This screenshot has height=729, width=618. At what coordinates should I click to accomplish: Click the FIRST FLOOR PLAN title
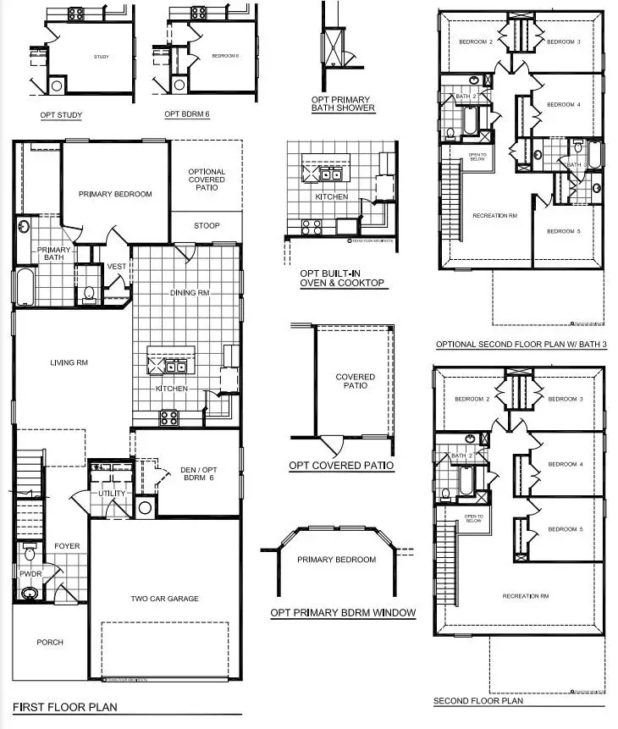(64, 706)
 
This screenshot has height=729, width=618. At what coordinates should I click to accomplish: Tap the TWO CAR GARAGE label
(164, 599)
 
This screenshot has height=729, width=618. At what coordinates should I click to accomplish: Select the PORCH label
(50, 642)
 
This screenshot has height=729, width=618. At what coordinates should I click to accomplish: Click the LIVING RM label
(69, 362)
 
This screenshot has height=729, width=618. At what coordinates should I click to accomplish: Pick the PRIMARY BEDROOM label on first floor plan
(115, 194)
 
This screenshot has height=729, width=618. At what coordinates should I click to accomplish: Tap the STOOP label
(206, 225)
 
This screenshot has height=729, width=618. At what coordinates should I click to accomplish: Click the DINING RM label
(189, 293)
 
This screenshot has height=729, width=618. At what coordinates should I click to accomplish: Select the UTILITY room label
(112, 494)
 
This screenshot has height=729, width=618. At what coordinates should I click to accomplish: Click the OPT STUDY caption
(59, 114)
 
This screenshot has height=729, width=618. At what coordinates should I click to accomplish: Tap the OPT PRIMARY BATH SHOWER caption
(343, 104)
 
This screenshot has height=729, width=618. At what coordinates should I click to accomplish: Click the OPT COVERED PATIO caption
(340, 466)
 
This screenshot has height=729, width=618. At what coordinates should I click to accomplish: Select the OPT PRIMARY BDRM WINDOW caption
(343, 612)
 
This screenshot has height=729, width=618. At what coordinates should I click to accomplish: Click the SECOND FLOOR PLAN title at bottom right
(477, 701)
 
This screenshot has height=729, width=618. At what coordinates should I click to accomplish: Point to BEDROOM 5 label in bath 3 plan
(562, 232)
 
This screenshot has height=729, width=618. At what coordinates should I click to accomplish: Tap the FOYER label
(67, 546)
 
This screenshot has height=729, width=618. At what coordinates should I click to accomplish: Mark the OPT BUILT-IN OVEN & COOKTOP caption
(342, 279)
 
